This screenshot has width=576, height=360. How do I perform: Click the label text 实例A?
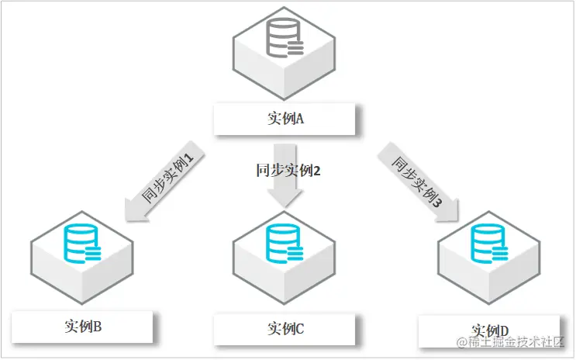[x=285, y=120]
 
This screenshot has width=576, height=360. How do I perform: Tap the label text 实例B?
[x=84, y=327]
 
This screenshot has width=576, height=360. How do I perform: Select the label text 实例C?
[x=285, y=328]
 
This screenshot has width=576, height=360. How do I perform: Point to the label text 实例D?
[x=490, y=328]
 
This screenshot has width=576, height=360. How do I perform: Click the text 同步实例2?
[x=288, y=170]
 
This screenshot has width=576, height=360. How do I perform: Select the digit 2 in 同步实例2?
[x=316, y=170]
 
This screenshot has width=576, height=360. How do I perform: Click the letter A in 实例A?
[x=299, y=120]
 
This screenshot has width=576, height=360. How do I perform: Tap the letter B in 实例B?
[x=98, y=327]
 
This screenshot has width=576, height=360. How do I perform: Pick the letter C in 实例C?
[x=299, y=328]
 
